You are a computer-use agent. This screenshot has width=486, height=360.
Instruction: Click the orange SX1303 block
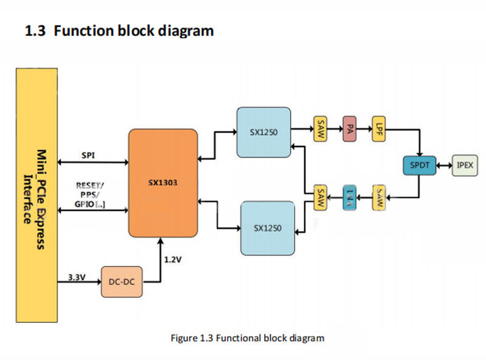tap(163, 183)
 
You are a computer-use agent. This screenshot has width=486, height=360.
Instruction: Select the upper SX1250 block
tap(264, 132)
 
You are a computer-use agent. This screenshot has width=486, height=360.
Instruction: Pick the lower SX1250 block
tap(268, 227)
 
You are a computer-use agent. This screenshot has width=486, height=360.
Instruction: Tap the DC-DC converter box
tap(122, 282)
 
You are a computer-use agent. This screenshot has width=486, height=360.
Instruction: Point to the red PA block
tap(349, 128)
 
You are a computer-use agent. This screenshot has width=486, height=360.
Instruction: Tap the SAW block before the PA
tap(320, 128)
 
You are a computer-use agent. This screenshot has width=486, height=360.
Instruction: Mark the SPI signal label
tap(88, 155)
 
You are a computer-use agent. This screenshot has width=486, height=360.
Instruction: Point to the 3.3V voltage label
tap(75, 277)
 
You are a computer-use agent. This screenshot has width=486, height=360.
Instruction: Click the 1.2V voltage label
tap(173, 259)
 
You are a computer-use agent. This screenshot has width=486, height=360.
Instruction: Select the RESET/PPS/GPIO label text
tap(90, 194)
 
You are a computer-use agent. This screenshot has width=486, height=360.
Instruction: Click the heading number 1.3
tap(35, 30)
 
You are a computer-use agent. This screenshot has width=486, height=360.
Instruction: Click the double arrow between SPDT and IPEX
tap(445, 165)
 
